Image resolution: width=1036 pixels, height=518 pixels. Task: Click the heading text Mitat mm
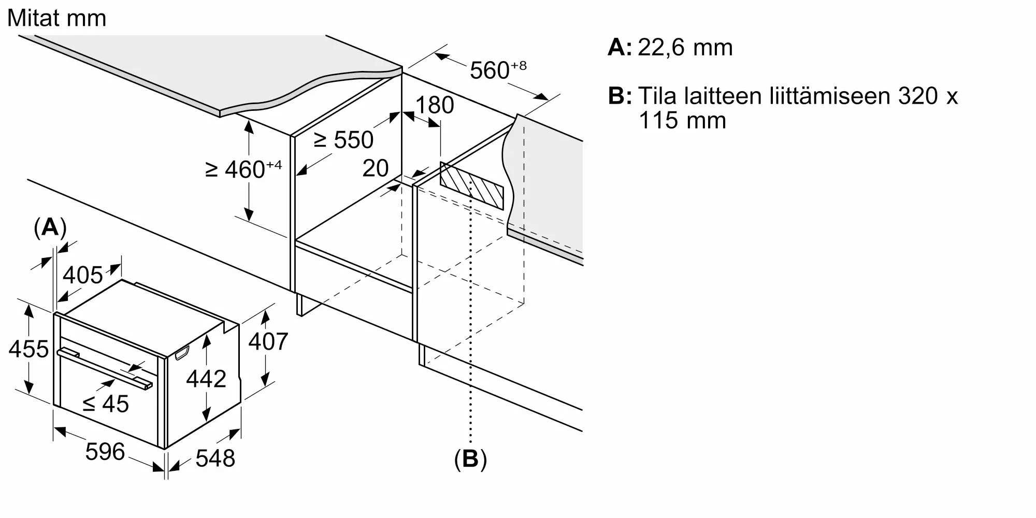pyautogui.click(x=56, y=18)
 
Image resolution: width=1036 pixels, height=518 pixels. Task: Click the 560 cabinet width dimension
pyautogui.click(x=498, y=70)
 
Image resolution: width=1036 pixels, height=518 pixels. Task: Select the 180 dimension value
pyautogui.click(x=435, y=105)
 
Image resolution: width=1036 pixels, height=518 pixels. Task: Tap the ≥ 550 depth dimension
pyautogui.click(x=343, y=140)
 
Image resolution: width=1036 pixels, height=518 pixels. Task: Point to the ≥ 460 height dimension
pyautogui.click(x=243, y=169)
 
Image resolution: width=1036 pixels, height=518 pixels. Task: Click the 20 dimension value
pyautogui.click(x=376, y=168)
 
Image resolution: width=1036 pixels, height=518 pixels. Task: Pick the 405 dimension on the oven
pyautogui.click(x=83, y=275)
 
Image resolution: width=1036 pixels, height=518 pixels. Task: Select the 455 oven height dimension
pyautogui.click(x=28, y=349)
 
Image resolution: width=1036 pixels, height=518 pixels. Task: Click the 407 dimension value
pyautogui.click(x=268, y=342)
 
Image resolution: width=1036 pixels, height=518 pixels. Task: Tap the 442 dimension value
pyautogui.click(x=206, y=379)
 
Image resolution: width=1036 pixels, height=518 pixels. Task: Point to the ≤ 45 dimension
pyautogui.click(x=106, y=404)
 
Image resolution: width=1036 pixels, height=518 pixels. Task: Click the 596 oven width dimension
pyautogui.click(x=105, y=452)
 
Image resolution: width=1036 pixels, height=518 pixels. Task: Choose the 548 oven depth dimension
pyautogui.click(x=215, y=458)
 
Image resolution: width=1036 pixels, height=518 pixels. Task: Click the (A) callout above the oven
pyautogui.click(x=50, y=227)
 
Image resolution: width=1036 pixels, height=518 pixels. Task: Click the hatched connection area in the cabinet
pyautogui.click(x=471, y=185)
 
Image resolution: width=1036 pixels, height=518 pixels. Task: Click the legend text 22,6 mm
pyautogui.click(x=685, y=48)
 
